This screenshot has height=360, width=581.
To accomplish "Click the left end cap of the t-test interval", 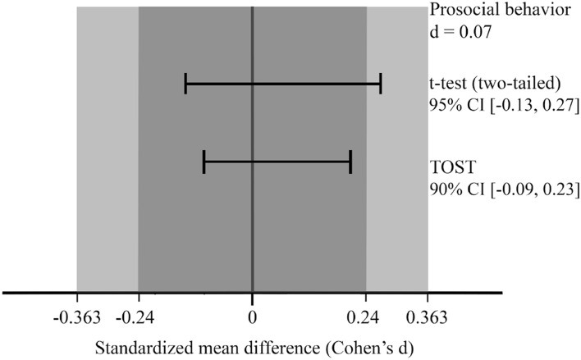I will coord(186,84).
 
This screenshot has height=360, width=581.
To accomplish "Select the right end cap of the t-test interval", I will coord(381,84).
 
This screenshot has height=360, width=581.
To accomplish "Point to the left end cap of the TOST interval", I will coord(204,162).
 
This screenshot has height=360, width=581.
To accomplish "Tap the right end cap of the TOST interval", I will coord(350,162).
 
